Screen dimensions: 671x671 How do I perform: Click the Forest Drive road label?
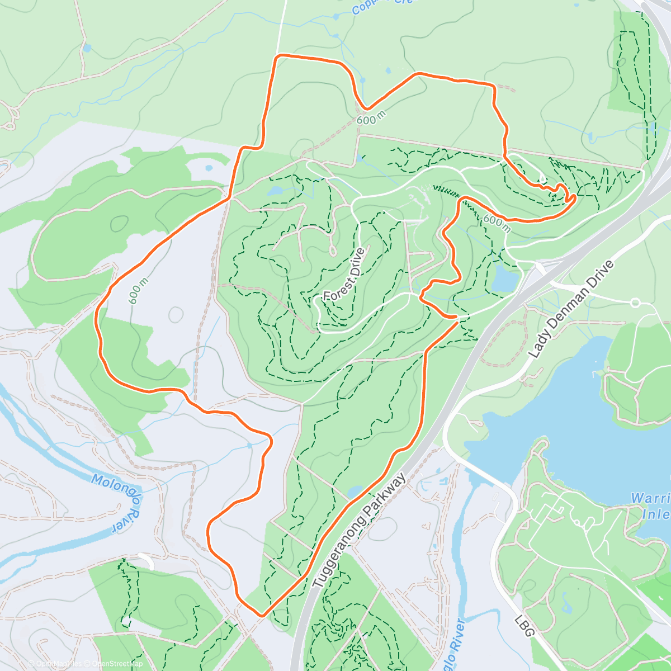coord(344,275)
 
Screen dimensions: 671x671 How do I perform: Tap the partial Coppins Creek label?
coord(382,7)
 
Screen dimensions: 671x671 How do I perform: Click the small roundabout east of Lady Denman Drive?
coord(635,303)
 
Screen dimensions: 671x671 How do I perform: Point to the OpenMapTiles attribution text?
coord(56,664)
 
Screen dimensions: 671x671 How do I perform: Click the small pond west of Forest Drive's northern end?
coord(276,191)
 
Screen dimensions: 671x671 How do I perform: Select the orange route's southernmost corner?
coord(261,615)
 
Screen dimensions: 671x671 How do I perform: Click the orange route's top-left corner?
coord(277,56)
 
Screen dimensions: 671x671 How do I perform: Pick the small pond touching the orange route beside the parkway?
coord(354,492)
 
